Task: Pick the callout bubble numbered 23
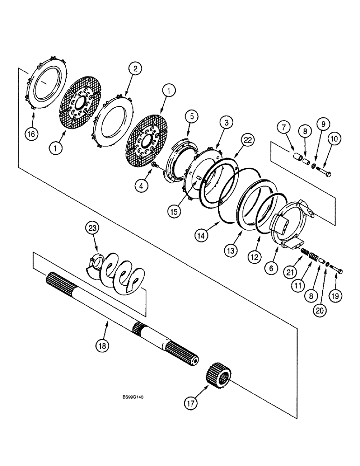coord(92,228)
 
